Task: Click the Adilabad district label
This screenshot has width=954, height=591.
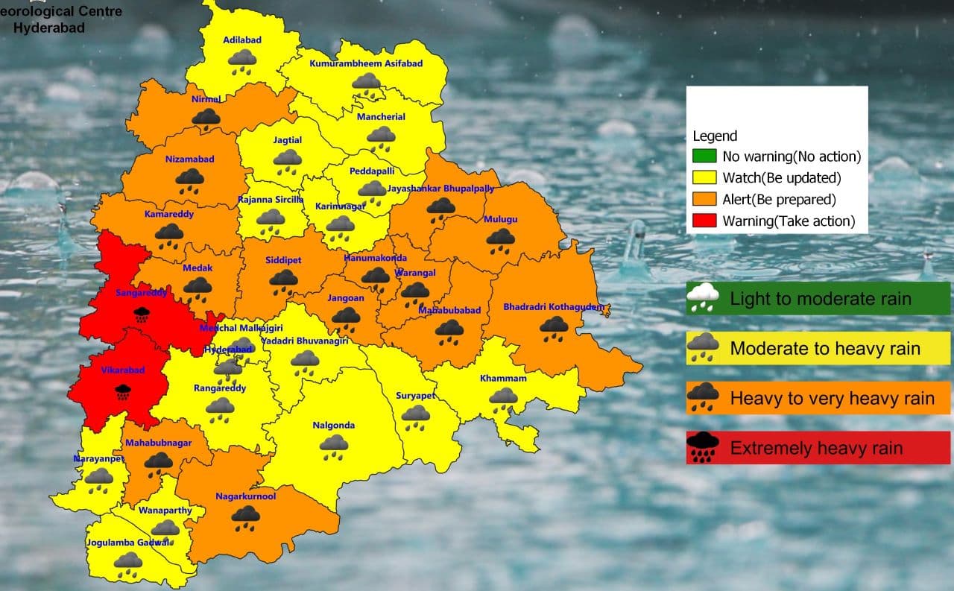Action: point(242,39)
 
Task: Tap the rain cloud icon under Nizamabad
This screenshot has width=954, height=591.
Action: point(190,179)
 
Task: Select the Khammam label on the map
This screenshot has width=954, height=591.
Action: point(503,379)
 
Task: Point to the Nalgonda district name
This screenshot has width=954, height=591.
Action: point(333,426)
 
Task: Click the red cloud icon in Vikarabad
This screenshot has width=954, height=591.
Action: point(122,391)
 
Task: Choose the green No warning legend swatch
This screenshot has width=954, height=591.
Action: point(709,157)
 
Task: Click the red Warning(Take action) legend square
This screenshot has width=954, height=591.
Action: point(709,221)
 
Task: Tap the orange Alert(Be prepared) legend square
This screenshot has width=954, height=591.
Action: point(709,199)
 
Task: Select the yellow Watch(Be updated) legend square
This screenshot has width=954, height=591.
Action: point(709,177)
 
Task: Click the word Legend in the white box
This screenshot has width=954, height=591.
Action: point(715,136)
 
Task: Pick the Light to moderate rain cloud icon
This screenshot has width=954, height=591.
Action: point(703,298)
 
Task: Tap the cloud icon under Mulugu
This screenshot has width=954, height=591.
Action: point(500,239)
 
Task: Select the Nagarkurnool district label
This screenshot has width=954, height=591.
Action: point(245,496)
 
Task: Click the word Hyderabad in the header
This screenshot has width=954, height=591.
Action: point(49,28)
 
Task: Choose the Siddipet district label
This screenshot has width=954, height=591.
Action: point(283,260)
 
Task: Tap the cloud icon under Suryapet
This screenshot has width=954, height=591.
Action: point(415,415)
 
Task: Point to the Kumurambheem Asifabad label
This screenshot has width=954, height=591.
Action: point(366,63)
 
